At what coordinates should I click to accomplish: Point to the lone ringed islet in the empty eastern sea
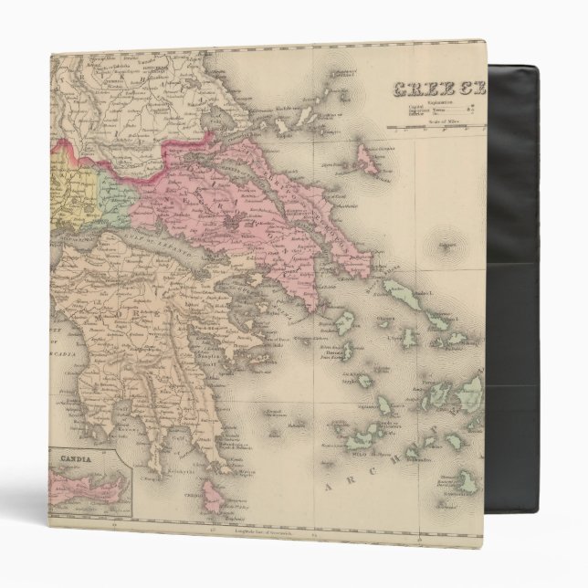coord(446,247)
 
